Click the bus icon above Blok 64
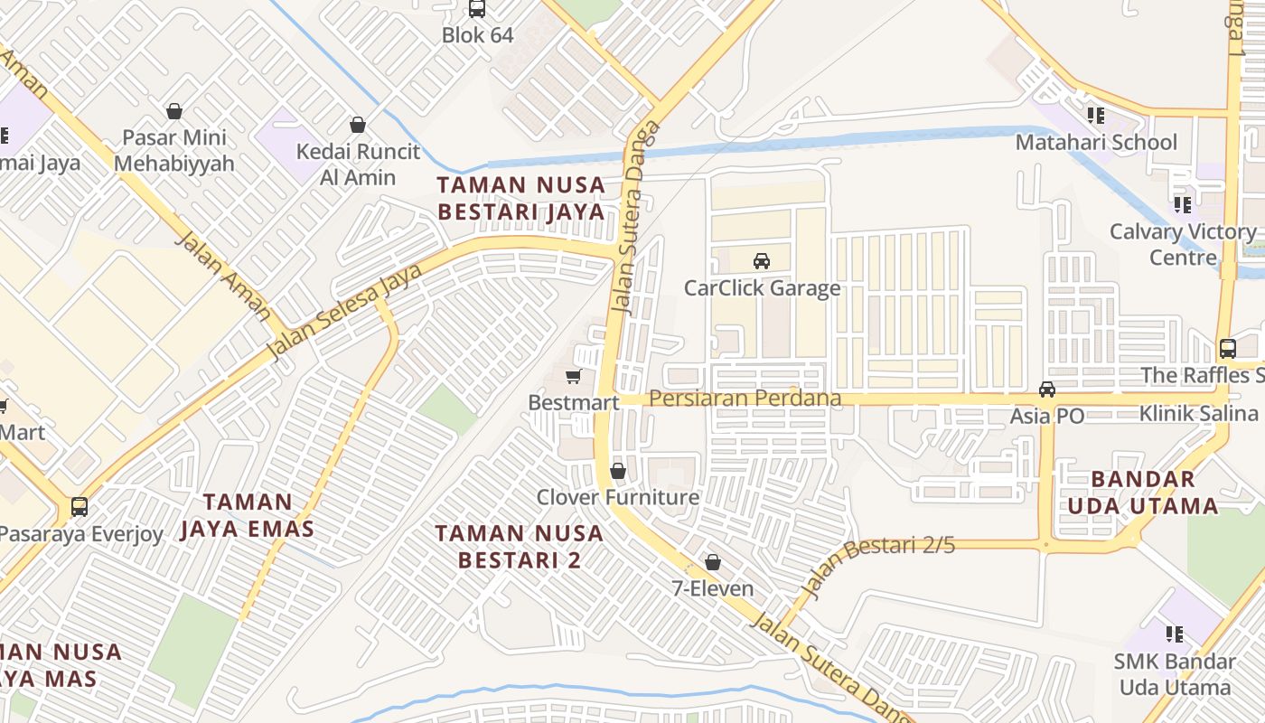tap(476, 9)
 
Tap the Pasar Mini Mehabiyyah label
tap(174, 151)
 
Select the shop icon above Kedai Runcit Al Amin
tap(358, 125)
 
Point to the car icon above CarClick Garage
tap(762, 261)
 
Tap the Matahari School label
tap(1096, 142)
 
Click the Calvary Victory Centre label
tap(1183, 244)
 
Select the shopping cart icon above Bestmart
tap(573, 376)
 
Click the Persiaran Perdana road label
tap(745, 399)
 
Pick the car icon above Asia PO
tap(1047, 390)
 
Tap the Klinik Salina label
tap(1198, 414)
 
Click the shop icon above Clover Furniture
tap(618, 471)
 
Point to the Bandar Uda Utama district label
tap(1143, 493)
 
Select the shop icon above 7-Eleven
tap(713, 562)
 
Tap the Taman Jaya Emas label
tap(247, 515)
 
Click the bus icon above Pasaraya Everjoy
tap(80, 506)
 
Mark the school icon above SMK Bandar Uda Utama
tap(1175, 634)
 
